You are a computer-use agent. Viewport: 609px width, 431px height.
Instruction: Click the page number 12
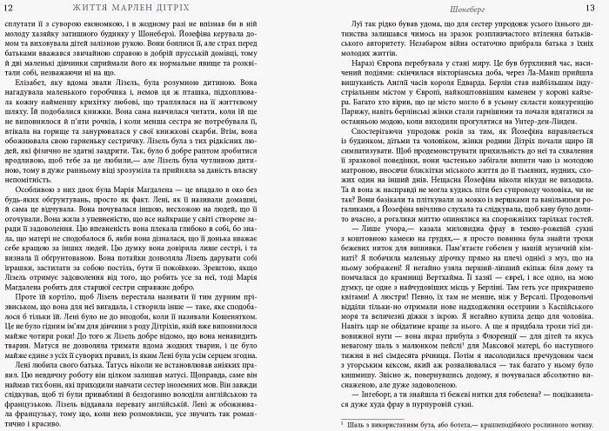pos(9,7)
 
